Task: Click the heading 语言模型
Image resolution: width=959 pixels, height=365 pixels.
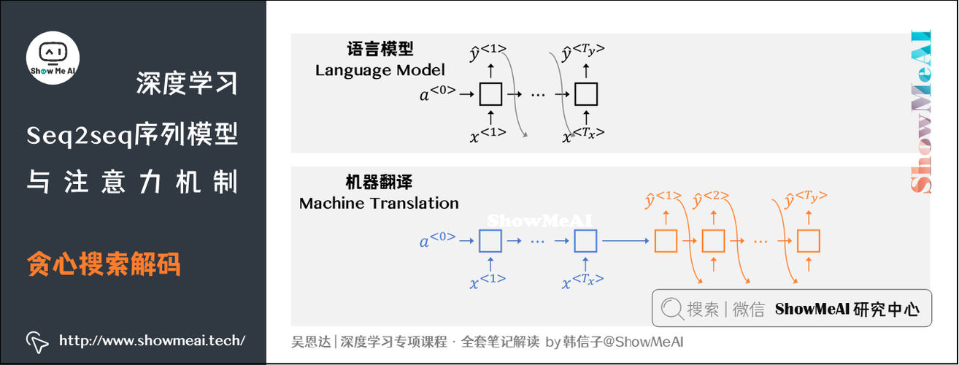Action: click(380, 50)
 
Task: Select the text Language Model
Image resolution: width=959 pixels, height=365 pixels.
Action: click(380, 71)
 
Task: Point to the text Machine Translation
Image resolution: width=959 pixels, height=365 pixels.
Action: click(379, 204)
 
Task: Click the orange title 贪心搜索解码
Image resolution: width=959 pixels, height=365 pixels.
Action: click(104, 264)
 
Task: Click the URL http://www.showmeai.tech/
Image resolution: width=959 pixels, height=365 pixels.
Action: click(152, 340)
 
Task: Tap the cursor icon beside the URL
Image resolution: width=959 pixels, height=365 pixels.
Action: click(36, 341)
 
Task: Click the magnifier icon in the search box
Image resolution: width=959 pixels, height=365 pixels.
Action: click(671, 310)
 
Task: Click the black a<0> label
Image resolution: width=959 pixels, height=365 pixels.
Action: click(437, 93)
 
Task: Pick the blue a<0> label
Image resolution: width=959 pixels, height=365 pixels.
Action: click(437, 239)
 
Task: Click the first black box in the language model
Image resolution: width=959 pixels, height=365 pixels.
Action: click(490, 94)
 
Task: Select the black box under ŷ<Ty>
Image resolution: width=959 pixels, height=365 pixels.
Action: click(585, 94)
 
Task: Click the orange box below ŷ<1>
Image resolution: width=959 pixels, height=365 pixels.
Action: click(665, 240)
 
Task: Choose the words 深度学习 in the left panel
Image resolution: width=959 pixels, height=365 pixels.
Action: click(187, 85)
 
